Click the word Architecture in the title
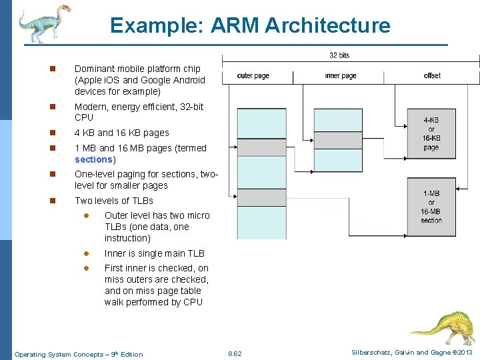(x=327, y=25)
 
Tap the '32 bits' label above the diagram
(x=339, y=55)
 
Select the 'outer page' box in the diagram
(x=253, y=76)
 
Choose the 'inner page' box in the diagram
(x=340, y=76)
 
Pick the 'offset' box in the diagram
(x=432, y=76)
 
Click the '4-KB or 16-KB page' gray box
(x=431, y=133)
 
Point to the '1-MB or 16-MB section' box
(x=431, y=207)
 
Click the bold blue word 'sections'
(x=94, y=159)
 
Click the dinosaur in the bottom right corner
(x=443, y=327)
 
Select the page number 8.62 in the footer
(x=235, y=353)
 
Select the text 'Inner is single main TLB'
(x=155, y=253)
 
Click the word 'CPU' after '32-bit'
(x=84, y=118)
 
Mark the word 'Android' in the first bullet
(x=188, y=80)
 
